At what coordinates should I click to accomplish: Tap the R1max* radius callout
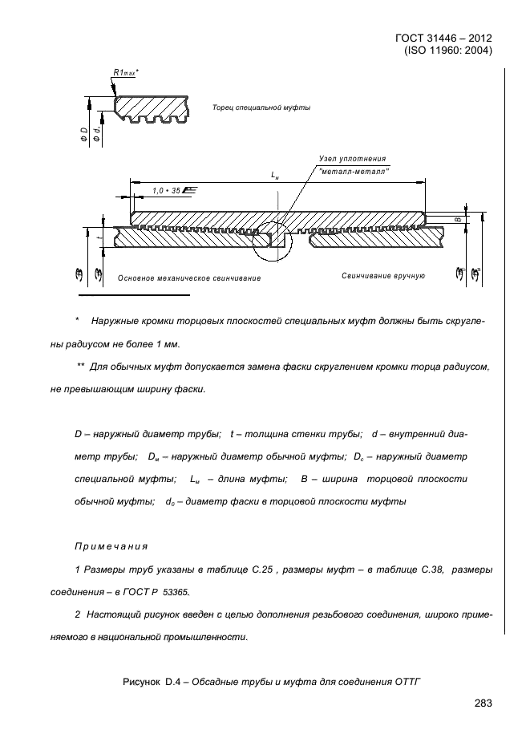pyautogui.click(x=126, y=72)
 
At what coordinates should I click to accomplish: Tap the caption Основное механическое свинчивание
pyautogui.click(x=189, y=278)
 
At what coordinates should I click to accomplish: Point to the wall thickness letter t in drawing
pyautogui.click(x=99, y=237)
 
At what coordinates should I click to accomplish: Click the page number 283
pyautogui.click(x=483, y=703)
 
